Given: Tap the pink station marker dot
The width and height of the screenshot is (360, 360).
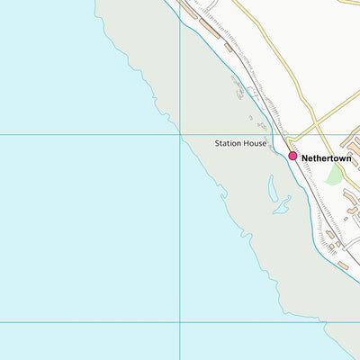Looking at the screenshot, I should tap(292, 156).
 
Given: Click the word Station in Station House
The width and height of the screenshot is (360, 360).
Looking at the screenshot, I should tap(229, 143).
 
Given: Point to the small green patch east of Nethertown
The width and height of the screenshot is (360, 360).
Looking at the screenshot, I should tap(334, 175).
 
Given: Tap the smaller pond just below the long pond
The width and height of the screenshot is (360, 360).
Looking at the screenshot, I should tap(282, 209).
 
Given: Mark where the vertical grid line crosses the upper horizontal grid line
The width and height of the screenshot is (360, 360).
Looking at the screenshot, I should tap(180, 135).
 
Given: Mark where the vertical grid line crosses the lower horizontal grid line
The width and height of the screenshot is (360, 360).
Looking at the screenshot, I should tap(180, 322).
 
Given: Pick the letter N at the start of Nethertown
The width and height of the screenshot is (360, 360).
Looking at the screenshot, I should tap(305, 157).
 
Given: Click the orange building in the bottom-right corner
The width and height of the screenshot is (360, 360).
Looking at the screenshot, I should tap(343, 265).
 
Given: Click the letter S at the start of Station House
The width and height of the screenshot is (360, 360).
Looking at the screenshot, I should tap(217, 143).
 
